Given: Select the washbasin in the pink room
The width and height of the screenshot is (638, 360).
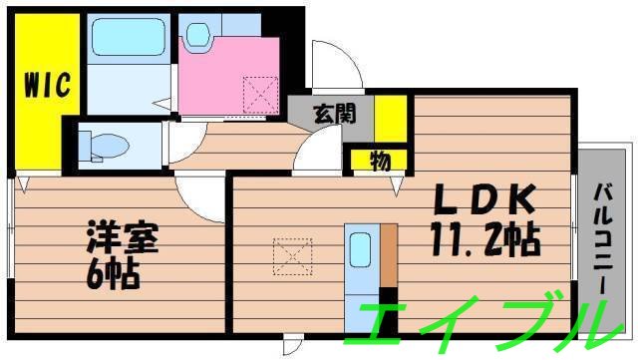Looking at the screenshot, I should click(197, 34).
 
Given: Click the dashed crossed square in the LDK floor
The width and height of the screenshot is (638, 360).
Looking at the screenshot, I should click(292, 256).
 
